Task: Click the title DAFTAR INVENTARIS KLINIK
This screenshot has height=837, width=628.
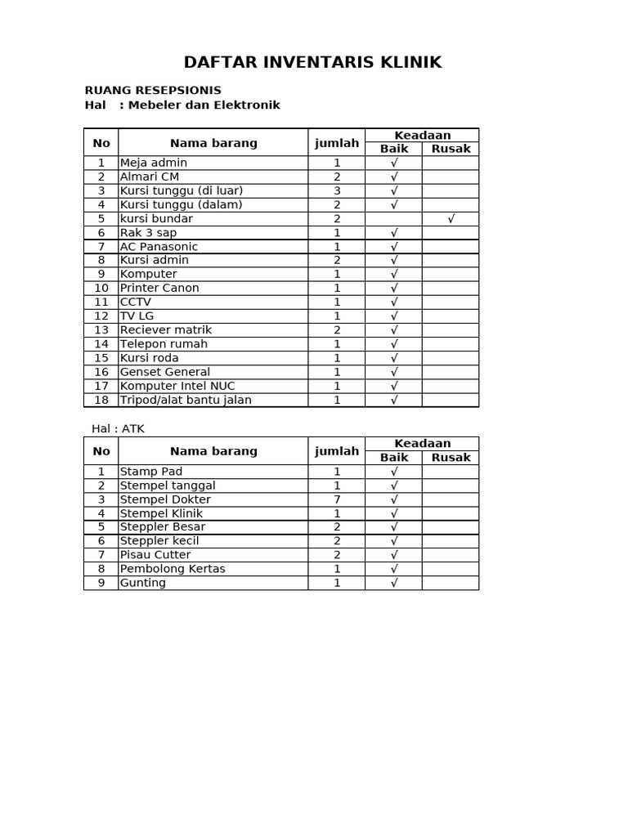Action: [x=312, y=62]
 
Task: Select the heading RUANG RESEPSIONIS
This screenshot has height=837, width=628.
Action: [x=153, y=91]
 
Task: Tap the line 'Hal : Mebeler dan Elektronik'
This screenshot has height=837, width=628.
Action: [x=182, y=105]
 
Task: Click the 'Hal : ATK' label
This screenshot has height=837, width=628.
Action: [x=118, y=428]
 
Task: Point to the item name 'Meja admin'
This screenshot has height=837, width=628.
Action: [x=154, y=163]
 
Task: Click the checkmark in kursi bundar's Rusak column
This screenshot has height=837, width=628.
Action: [x=451, y=218]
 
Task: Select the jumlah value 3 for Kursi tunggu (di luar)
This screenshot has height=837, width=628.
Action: [x=337, y=190]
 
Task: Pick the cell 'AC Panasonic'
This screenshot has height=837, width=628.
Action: [x=159, y=246]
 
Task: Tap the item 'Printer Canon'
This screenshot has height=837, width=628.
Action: [x=159, y=288]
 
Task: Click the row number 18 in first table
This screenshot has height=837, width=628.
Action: [x=101, y=400]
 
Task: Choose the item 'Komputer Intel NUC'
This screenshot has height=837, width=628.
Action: [x=177, y=386]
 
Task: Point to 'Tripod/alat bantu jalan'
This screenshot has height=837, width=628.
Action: [x=186, y=400]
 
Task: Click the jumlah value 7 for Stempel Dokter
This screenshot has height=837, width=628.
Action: [x=337, y=499]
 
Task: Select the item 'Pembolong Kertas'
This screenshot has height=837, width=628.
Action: [x=173, y=569]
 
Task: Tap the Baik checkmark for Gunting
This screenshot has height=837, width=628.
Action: [x=394, y=583]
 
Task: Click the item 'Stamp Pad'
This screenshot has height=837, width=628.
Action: [x=151, y=472]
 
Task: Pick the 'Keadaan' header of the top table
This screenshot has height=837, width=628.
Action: [x=422, y=135]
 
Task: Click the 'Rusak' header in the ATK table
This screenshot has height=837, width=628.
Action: [x=451, y=458]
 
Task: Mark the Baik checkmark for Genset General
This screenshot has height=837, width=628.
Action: [x=394, y=372]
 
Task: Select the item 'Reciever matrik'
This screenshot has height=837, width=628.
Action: [x=166, y=330]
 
